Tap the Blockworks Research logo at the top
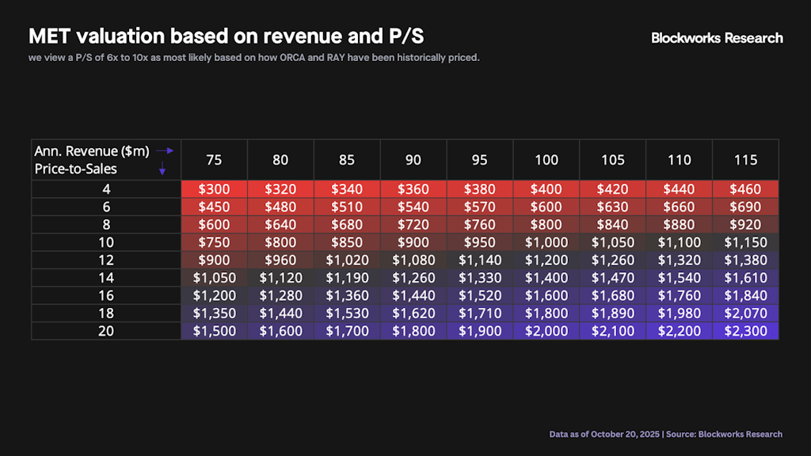717,38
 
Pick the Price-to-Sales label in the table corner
75,169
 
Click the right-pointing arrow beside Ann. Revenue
164,150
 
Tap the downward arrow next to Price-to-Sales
162,169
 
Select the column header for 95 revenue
480,160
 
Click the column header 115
745,160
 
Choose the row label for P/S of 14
106,278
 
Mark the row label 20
106,331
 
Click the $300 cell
214,190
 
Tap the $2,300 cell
745,331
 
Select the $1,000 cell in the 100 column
546,243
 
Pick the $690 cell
745,207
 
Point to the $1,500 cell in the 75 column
214,331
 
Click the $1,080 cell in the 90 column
413,260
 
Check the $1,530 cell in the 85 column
347,313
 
